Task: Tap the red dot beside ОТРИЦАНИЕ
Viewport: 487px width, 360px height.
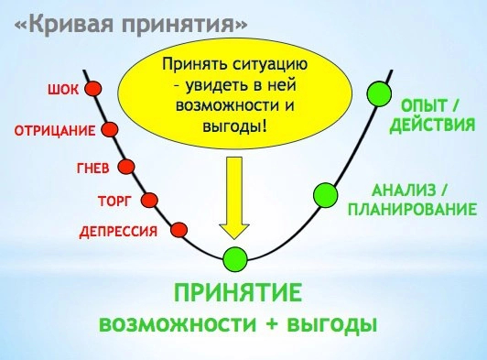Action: (111, 129)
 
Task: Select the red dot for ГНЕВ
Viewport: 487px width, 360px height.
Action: (127, 167)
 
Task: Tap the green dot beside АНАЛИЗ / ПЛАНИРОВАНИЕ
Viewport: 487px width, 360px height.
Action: (326, 194)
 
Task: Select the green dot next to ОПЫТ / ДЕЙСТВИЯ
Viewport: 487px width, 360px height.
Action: (378, 93)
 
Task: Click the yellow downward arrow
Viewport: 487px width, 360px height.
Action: (235, 197)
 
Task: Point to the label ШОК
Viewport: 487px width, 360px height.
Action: (61, 90)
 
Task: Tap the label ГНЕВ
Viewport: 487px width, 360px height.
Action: (90, 169)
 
